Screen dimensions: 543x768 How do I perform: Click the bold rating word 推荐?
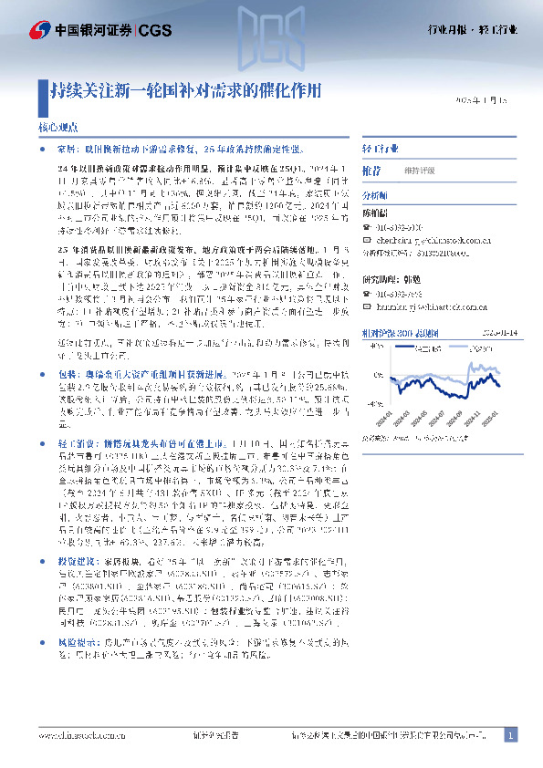click(x=371, y=171)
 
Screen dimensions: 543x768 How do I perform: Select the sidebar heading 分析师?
click(x=375, y=195)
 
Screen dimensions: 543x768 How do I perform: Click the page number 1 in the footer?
click(x=511, y=735)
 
